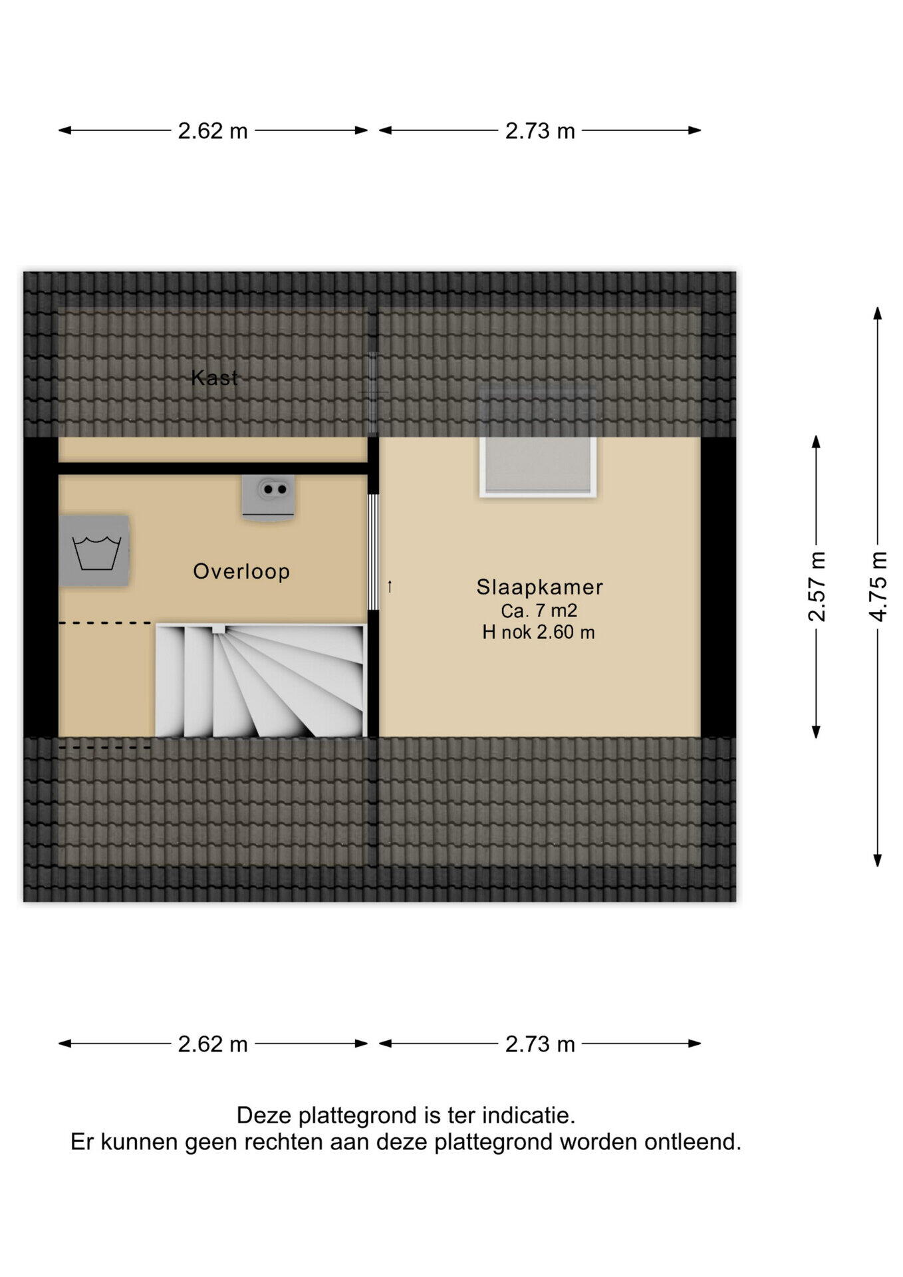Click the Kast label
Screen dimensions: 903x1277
coord(214,378)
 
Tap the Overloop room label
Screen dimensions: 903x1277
coord(241,571)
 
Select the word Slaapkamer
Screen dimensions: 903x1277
coord(539,587)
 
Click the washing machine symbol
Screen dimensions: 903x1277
coord(94,551)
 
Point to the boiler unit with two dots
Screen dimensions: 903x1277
coord(269,497)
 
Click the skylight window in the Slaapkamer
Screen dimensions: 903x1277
coord(538,443)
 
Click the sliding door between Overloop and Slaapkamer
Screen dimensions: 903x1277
coord(373,552)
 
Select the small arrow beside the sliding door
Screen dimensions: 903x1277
coord(390,587)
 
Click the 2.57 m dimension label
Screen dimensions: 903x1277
coord(817,587)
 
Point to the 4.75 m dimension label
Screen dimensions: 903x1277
coord(878,587)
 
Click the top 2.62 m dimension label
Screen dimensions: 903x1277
coord(213,131)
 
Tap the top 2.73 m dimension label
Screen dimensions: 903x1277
coord(540,131)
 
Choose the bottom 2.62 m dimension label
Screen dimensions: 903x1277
coord(213,1044)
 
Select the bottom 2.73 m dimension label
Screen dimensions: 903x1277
coord(540,1044)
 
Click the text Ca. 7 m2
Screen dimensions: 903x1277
coord(539,610)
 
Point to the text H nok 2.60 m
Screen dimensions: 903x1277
coord(539,632)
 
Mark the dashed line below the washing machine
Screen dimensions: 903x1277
coord(105,623)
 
